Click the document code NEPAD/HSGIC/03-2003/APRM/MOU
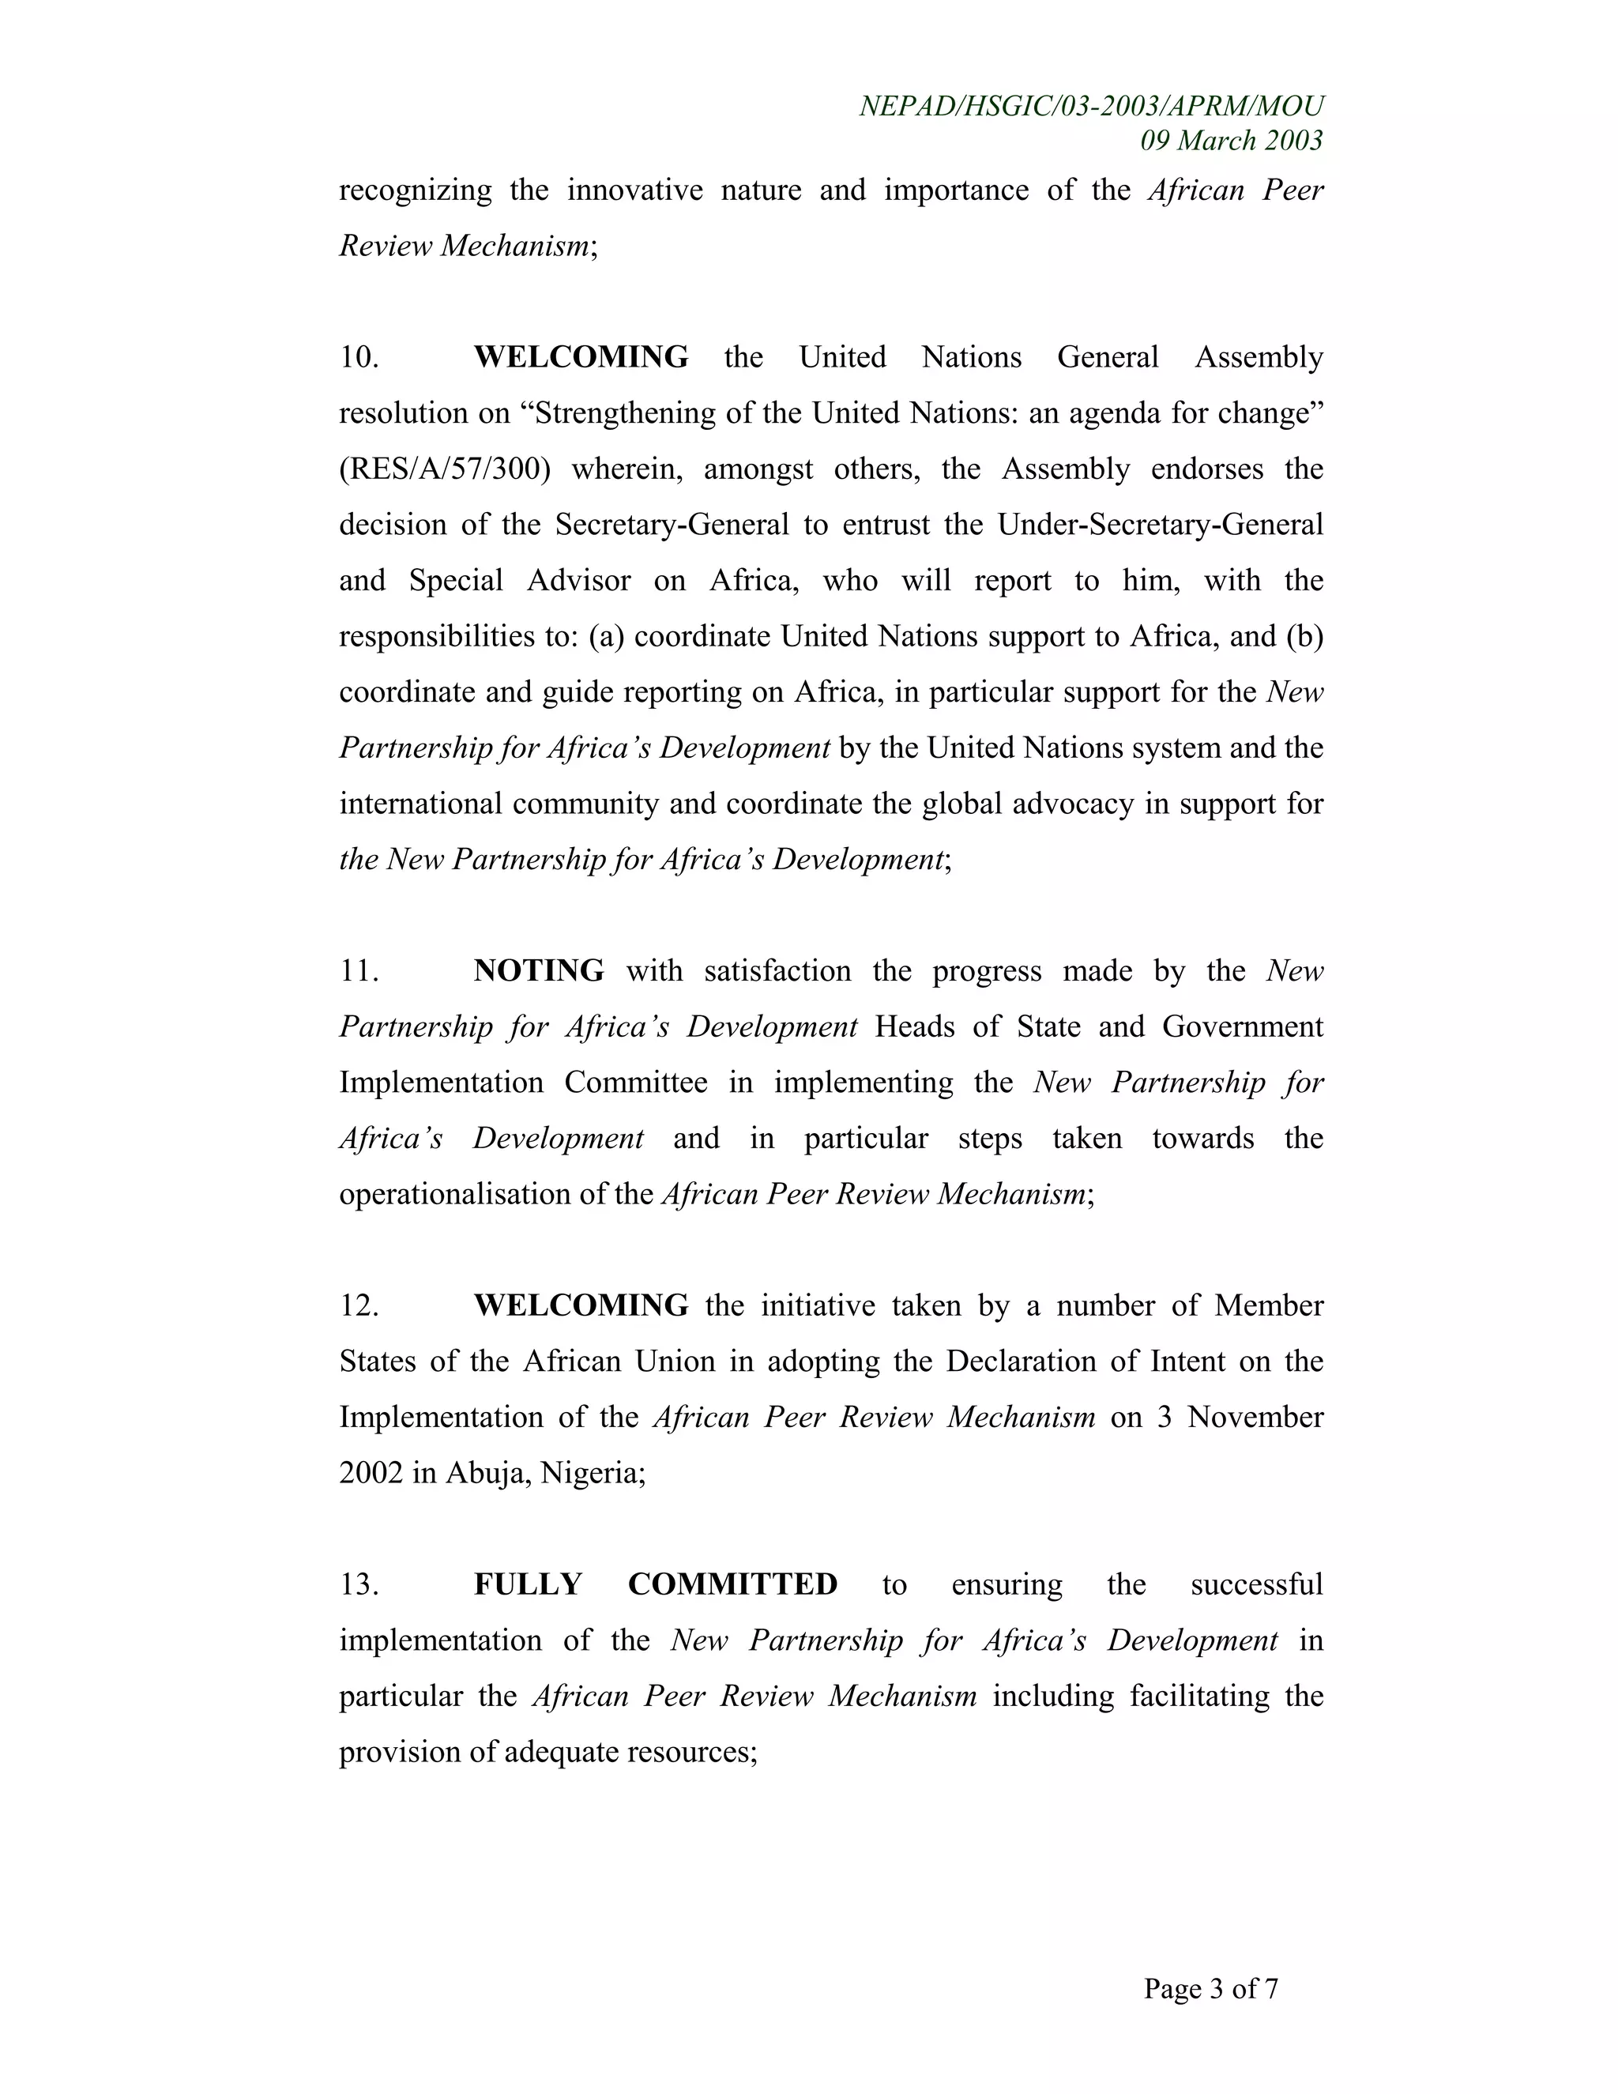tap(1091, 107)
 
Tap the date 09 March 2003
tap(1231, 141)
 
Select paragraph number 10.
tap(359, 358)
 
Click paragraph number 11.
tap(359, 971)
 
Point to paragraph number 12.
tap(359, 1306)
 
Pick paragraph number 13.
tap(359, 1584)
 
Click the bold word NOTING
tap(539, 971)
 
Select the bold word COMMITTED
tap(732, 1584)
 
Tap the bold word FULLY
tap(529, 1584)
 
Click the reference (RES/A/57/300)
tap(445, 469)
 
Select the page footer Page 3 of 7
tap(1210, 1989)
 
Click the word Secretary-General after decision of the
tap(672, 525)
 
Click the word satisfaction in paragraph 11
tap(777, 971)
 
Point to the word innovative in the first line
tap(634, 190)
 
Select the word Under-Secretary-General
tap(1160, 525)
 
